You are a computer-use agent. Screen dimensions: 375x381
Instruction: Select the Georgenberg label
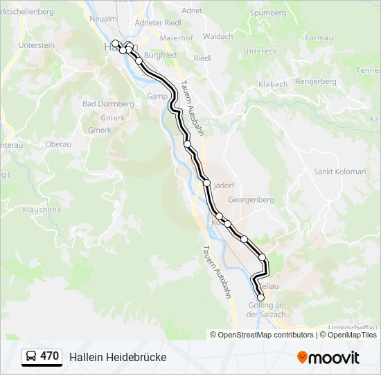click(x=251, y=199)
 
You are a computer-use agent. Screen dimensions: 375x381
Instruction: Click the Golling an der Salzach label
click(x=266, y=310)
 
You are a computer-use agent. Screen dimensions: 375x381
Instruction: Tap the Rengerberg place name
click(x=316, y=81)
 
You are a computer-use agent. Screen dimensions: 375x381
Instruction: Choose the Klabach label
click(x=273, y=84)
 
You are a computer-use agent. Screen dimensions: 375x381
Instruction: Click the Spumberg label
click(x=267, y=12)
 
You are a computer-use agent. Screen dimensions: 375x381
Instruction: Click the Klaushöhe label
click(x=42, y=209)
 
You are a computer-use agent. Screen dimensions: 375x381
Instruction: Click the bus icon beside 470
click(x=31, y=357)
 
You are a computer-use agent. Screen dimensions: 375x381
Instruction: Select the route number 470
click(x=50, y=356)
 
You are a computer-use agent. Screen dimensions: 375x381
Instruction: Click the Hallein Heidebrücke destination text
click(x=118, y=357)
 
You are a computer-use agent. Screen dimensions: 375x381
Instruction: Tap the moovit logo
click(x=328, y=358)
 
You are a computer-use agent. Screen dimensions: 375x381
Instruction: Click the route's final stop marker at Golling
click(x=260, y=297)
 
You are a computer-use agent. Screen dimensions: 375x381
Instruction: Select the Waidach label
click(x=218, y=36)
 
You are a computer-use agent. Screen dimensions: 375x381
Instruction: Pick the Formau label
click(x=319, y=37)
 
